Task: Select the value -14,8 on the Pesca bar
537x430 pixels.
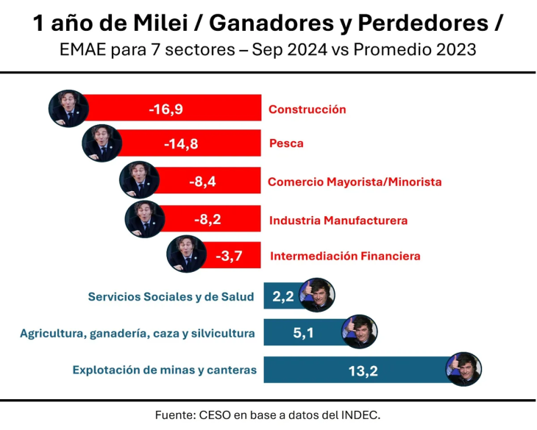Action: click(182, 143)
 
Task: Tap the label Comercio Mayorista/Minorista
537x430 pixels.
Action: click(355, 182)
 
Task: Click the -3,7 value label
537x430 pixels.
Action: click(229, 257)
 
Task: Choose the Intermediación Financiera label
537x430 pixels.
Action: click(345, 257)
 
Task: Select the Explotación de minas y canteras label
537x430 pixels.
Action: click(164, 370)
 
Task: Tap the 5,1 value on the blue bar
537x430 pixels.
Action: click(304, 334)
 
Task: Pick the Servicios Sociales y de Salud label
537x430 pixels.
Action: click(171, 297)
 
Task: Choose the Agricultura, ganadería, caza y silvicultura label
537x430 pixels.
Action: click(138, 334)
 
